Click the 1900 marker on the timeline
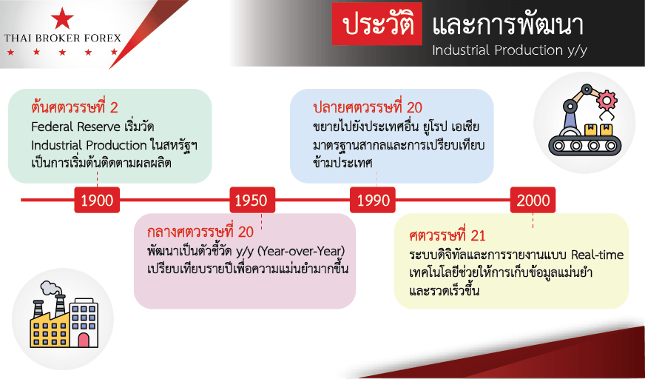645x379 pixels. click(x=97, y=200)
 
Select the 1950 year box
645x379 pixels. click(x=252, y=200)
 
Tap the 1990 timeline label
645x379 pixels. click(x=373, y=200)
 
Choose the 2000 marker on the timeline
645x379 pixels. click(x=533, y=200)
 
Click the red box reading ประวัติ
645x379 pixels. click(x=377, y=24)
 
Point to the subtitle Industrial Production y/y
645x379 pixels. click(x=510, y=50)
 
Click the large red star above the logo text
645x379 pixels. click(x=63, y=19)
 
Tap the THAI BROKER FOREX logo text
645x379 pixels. click(x=63, y=38)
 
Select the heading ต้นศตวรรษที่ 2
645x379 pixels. click(x=75, y=107)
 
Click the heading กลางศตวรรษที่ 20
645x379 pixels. click(x=200, y=232)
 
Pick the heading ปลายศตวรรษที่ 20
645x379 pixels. click(x=368, y=107)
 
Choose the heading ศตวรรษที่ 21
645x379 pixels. click(x=448, y=236)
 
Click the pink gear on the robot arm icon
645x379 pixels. click(x=607, y=99)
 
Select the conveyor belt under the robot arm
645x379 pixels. click(x=584, y=145)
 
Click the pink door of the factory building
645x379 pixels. click(x=84, y=341)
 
